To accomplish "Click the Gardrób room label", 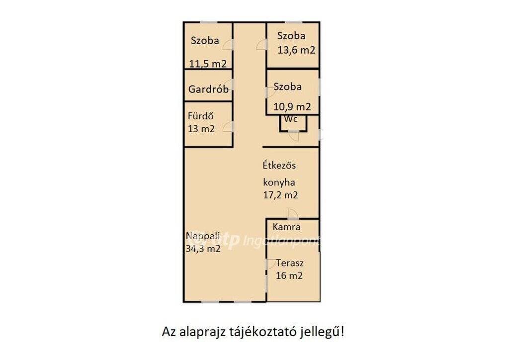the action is click(x=208, y=89).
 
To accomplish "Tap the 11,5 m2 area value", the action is click(x=208, y=64).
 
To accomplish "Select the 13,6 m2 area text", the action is click(x=296, y=50).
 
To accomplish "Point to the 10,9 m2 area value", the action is click(x=292, y=106).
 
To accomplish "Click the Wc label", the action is click(x=290, y=119).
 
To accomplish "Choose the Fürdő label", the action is click(x=201, y=116).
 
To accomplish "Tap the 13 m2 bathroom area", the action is click(x=201, y=129).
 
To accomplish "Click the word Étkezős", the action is click(x=279, y=165).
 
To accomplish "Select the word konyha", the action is click(x=279, y=182).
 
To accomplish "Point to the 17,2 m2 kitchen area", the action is click(x=280, y=195).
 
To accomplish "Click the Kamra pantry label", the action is click(x=286, y=227).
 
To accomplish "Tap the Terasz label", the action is click(x=290, y=263).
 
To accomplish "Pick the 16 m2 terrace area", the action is click(x=289, y=275).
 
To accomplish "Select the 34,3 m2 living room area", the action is click(x=203, y=249).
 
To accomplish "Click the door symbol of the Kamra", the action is click(x=293, y=214).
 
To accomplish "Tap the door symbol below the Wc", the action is click(x=294, y=135).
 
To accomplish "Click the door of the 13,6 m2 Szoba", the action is click(x=261, y=45).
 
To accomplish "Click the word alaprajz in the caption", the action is click(x=203, y=333).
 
